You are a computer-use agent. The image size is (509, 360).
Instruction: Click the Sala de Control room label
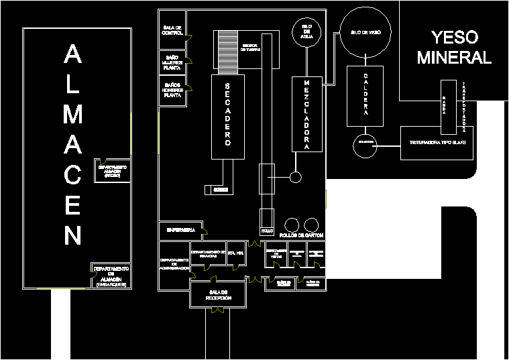coord(172,30)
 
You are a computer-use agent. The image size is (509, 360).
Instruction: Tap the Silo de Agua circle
coord(306,31)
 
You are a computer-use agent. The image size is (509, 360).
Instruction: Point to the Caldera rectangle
coord(365,95)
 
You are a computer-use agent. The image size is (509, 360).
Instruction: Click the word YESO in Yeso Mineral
coord(454,38)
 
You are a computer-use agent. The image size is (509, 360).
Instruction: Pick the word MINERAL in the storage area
coord(454,58)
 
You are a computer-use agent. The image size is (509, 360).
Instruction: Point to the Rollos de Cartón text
coord(302,235)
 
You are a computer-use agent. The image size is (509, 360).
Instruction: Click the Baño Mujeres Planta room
coord(172,63)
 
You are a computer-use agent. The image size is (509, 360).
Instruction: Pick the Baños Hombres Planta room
coord(172,91)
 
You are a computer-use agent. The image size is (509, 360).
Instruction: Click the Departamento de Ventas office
coord(275,254)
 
